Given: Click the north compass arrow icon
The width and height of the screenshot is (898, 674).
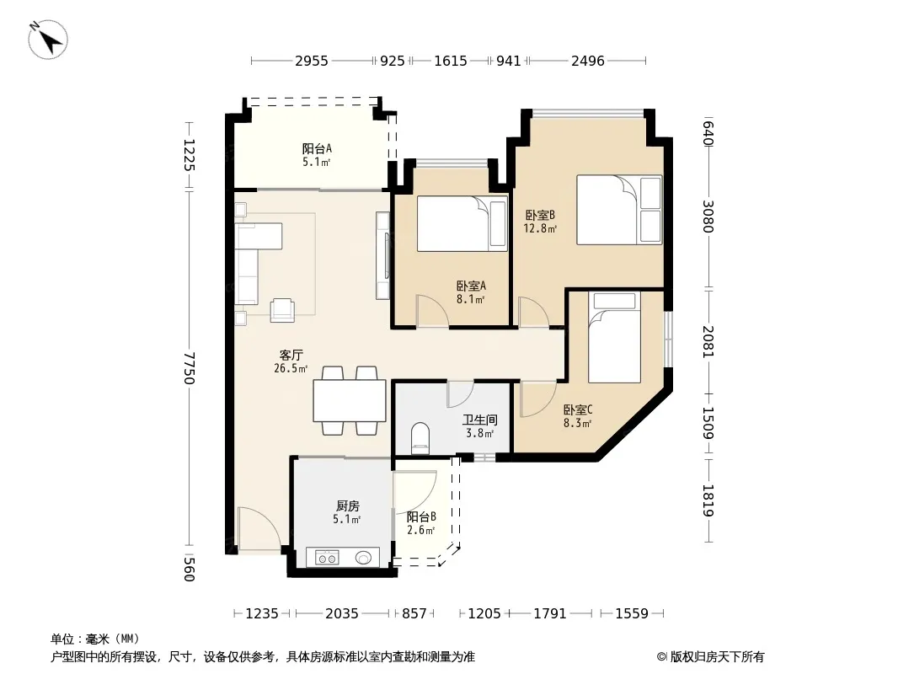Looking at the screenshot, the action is point(47,39).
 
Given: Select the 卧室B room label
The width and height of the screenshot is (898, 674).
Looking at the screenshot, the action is point(540,216).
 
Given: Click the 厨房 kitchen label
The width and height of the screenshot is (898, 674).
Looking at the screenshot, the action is point(348,506).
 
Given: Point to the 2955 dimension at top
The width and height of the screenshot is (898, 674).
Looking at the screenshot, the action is point(312,61).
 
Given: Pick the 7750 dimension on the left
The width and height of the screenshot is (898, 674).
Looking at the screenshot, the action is point(190,368).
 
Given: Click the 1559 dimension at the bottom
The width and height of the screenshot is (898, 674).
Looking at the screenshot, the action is point(632,614).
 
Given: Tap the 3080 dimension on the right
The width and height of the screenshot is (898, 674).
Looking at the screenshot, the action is point(708,217).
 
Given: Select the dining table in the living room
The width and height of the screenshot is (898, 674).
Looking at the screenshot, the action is point(349,400).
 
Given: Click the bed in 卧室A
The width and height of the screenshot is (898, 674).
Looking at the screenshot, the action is point(462,224).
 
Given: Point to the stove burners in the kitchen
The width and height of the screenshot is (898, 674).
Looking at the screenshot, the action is point(328,557).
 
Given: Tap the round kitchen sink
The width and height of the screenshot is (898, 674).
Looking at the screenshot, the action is point(363,557).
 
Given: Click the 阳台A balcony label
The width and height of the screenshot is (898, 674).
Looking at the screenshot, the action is point(317,149).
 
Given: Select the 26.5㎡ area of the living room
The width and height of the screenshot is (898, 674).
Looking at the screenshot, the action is point(291,369).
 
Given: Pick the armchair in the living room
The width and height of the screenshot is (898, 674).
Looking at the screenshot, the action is point(282,310).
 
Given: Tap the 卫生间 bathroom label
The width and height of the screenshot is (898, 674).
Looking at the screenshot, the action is point(479,420).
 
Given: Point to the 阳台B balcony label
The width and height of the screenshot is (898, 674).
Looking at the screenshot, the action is point(421,517).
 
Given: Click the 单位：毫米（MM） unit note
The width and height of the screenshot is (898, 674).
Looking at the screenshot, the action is point(95,639).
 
